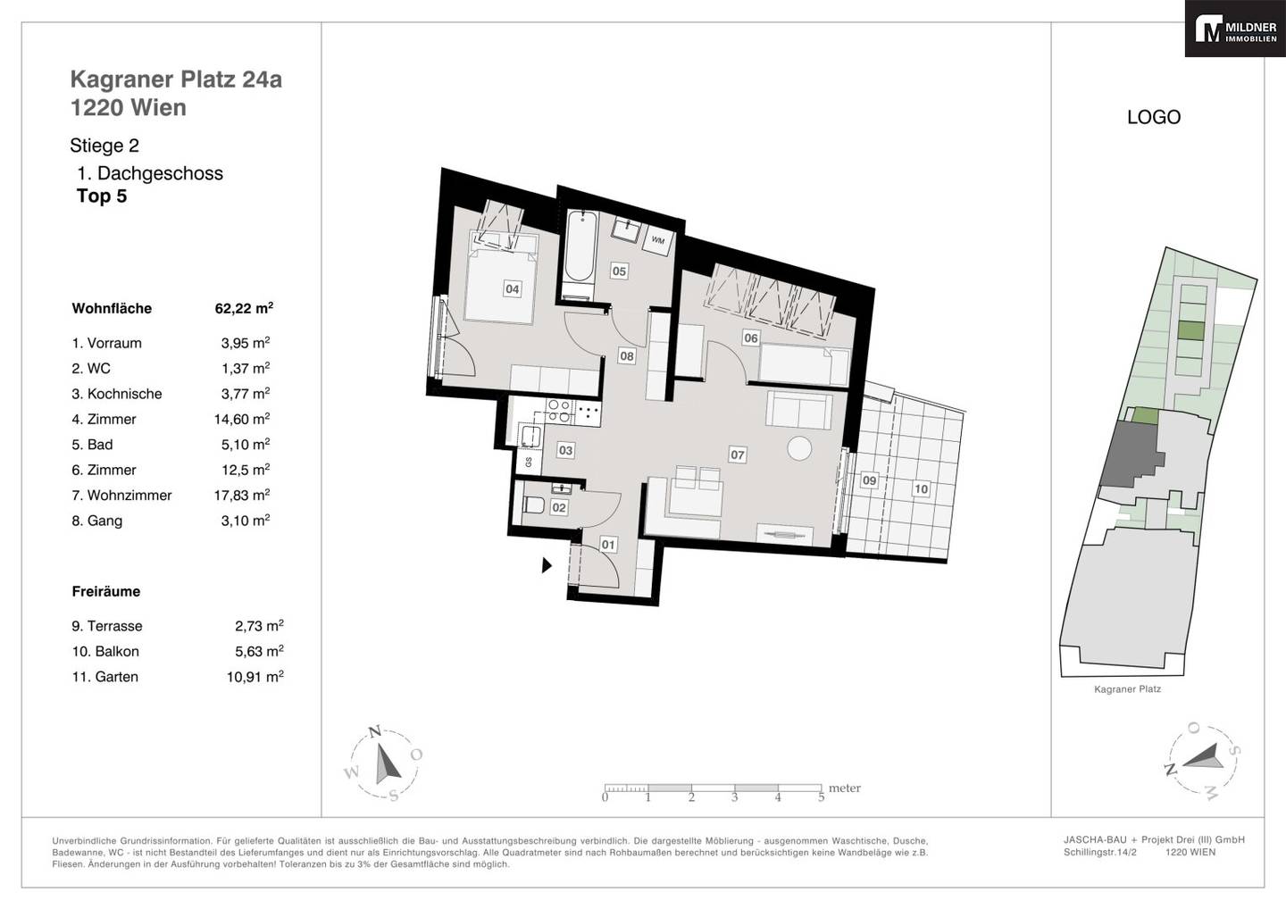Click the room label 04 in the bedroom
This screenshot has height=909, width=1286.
coord(512,288)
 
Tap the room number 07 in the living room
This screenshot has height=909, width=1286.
coord(737,455)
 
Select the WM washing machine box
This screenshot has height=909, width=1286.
coord(658,240)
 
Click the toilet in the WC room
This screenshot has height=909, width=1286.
coord(534,505)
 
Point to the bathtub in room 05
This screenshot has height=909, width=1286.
coord(580,253)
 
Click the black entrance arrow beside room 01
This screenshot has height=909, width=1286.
coord(547,565)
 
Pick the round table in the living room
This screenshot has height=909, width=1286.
coord(799,448)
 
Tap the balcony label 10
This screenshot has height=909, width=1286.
coord(921,489)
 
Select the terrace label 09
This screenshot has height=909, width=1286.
coord(869,480)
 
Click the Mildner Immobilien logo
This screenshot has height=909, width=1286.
coord(1235,29)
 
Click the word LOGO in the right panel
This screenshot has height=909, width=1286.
coord(1154,117)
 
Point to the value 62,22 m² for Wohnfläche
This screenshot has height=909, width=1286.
coord(244,308)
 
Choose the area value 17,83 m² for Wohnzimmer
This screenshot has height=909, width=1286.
coord(242,495)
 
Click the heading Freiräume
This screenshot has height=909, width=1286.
coord(106,591)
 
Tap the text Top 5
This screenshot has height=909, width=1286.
coord(102,196)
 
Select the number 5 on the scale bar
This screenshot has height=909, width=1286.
coord(821,797)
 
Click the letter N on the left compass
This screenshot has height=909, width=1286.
coord(375,731)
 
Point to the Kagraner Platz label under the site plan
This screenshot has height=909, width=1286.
coord(1128,689)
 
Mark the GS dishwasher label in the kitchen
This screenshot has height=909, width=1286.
coord(528,462)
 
